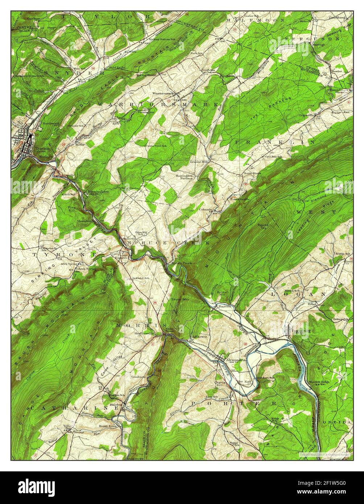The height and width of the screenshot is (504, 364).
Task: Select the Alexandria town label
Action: [236, 360]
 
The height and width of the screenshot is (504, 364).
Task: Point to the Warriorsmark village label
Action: [163, 93]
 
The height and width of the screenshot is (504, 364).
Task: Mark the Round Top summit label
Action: [262, 227]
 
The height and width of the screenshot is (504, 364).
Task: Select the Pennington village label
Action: [146, 112]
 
